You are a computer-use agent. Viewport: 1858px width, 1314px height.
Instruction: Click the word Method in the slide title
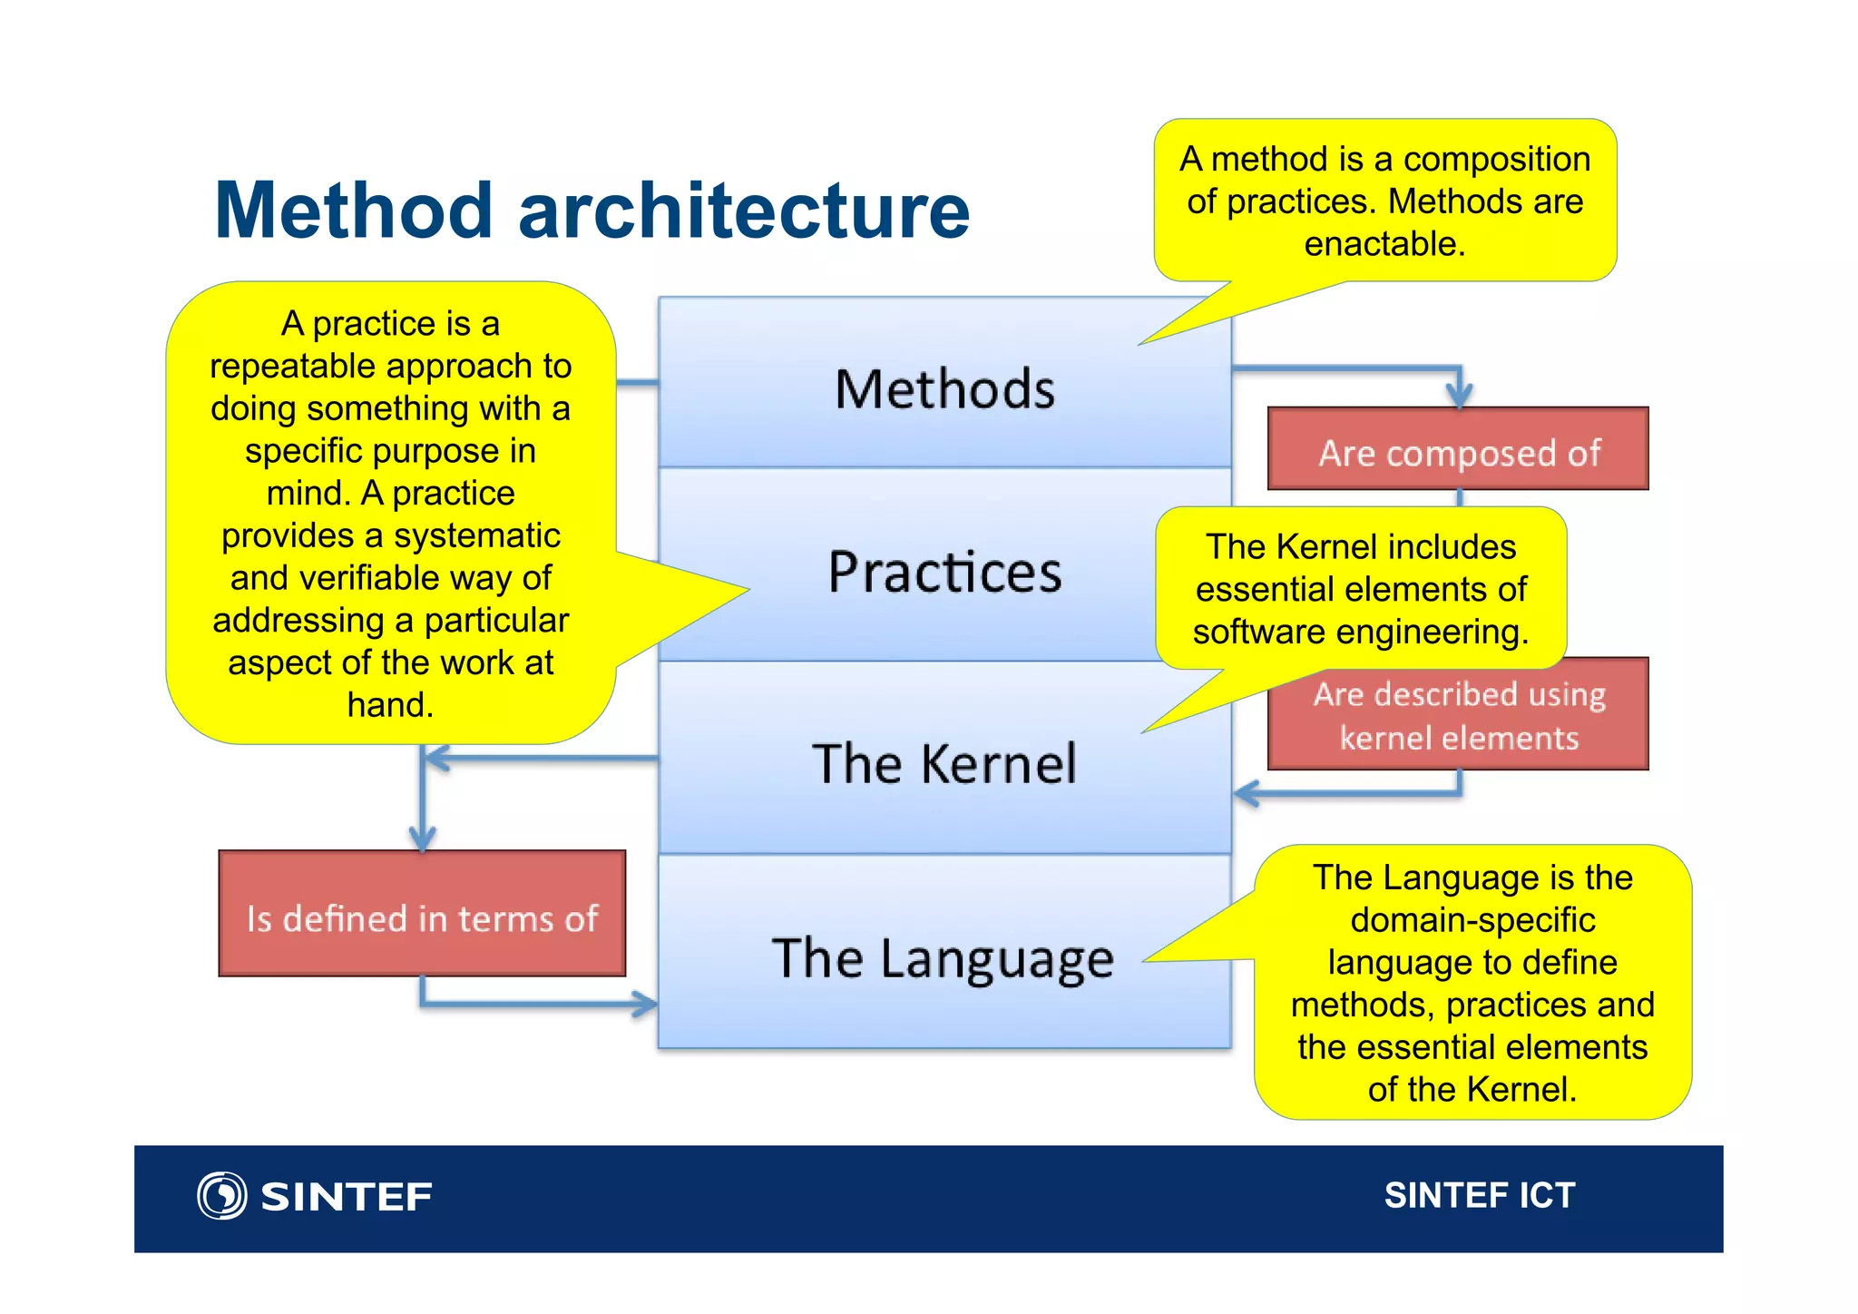(354, 211)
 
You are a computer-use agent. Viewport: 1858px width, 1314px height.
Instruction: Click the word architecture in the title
(744, 211)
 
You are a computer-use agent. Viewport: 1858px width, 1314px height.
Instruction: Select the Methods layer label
(944, 390)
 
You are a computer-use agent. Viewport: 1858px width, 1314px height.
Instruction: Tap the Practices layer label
(944, 573)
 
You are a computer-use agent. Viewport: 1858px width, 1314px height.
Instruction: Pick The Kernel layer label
(944, 763)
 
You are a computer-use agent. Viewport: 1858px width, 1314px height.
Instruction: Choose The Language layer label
(943, 958)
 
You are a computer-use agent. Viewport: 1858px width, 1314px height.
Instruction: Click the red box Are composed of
(1458, 451)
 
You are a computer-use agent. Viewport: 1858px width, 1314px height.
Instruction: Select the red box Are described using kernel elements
(1458, 717)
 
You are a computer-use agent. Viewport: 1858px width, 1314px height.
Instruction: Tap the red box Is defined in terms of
(422, 917)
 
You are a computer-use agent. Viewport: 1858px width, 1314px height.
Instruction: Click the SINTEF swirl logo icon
(221, 1195)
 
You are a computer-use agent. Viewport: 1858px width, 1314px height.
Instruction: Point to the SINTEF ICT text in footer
(1479, 1195)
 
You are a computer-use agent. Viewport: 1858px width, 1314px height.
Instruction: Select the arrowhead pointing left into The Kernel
(1247, 793)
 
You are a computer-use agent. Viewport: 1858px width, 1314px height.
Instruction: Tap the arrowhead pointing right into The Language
(646, 1004)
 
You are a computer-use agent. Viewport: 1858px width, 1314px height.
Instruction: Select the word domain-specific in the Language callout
(1472, 919)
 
